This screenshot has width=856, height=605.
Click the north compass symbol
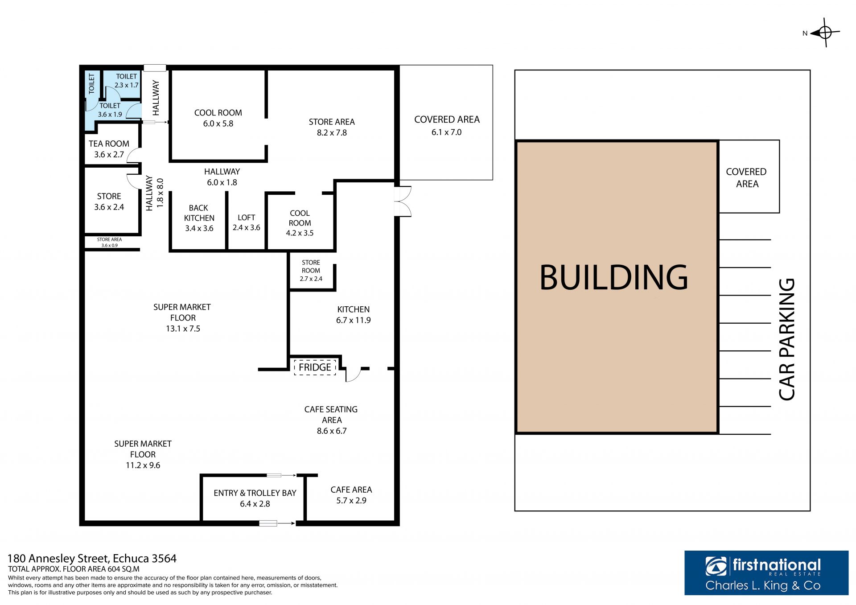(x=825, y=33)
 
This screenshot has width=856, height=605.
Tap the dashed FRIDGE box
(x=315, y=367)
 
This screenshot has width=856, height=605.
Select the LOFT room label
(x=246, y=218)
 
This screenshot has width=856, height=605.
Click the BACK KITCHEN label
(x=199, y=213)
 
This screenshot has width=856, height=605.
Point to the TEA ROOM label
(x=109, y=144)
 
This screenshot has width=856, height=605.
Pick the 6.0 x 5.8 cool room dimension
(x=218, y=123)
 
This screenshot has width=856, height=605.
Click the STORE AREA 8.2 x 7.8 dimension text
(x=332, y=132)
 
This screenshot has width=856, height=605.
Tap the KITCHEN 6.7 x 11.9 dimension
(x=353, y=320)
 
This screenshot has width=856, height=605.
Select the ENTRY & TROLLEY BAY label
(x=255, y=493)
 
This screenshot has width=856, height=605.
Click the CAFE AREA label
(x=351, y=490)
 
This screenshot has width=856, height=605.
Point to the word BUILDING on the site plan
(x=614, y=277)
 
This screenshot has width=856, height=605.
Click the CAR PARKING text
(x=787, y=339)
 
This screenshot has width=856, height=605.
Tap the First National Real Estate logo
(x=766, y=573)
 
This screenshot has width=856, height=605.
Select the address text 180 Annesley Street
(x=58, y=559)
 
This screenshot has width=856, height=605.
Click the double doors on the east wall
(x=403, y=202)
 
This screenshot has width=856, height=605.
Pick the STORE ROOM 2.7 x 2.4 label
(x=311, y=271)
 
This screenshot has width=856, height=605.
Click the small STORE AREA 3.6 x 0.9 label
(x=109, y=242)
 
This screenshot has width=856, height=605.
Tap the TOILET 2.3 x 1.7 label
(x=127, y=81)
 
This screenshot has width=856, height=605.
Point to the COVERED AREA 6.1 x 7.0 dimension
(x=446, y=132)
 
